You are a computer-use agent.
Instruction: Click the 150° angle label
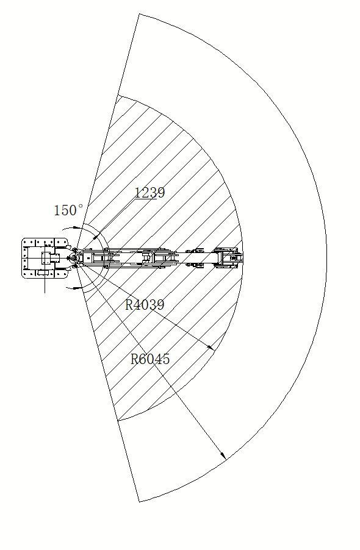69,210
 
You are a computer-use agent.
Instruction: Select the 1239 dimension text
150,192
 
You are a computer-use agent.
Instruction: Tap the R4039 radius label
145,304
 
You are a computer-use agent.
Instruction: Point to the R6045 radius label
150,359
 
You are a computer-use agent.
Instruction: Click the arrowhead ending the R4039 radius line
211,348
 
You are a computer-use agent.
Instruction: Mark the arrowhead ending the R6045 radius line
223,455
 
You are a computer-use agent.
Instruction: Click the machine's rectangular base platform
45,258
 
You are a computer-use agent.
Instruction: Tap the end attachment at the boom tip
229,258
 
